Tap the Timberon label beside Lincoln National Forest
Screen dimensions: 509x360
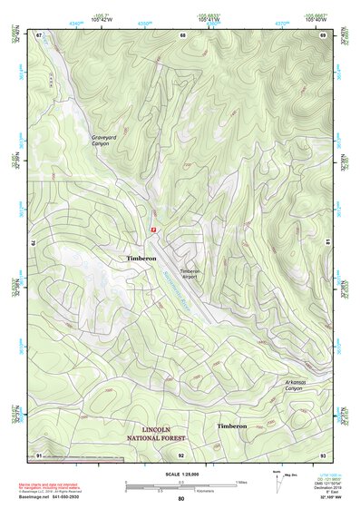[230, 426]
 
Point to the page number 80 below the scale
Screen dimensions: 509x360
[181, 500]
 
